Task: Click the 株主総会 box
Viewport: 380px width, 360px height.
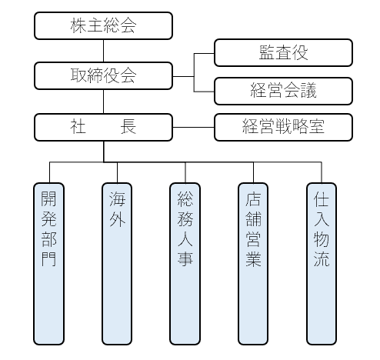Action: (103, 25)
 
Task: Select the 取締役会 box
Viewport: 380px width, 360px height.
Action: (103, 75)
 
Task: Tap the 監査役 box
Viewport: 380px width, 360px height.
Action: (283, 52)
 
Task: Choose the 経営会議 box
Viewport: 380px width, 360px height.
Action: (283, 91)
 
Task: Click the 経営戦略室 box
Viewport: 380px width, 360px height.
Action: (283, 127)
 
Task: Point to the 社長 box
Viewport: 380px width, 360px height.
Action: (103, 127)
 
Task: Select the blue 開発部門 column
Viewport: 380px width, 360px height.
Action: (48, 264)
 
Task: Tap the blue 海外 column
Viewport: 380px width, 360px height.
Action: (117, 264)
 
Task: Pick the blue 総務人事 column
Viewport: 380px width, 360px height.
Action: (185, 264)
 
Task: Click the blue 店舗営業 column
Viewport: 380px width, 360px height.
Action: (253, 264)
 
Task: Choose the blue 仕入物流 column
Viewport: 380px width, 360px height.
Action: (322, 264)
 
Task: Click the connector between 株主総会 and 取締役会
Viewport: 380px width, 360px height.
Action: (103, 51)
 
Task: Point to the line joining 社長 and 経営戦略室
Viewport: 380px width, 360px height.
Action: (193, 127)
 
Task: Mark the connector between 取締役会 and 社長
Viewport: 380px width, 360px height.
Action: (103, 102)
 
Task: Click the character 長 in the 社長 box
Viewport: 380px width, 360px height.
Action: (128, 127)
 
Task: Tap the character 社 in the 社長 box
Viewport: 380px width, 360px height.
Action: (78, 127)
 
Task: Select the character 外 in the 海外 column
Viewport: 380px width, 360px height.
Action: (117, 219)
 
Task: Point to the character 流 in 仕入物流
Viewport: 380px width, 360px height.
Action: (322, 259)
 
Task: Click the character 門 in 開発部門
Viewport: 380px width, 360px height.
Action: (48, 259)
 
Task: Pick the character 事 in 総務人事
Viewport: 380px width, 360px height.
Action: (185, 259)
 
